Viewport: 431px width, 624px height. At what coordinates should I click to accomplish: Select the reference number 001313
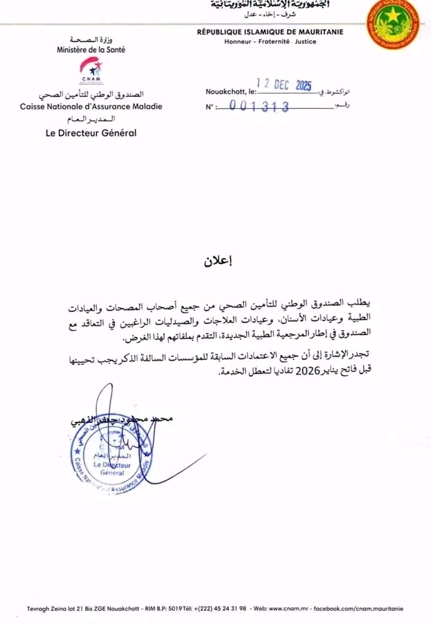coord(258,106)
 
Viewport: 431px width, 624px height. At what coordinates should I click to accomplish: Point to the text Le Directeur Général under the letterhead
coord(91,132)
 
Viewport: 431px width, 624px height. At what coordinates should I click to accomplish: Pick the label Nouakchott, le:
coord(231,91)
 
